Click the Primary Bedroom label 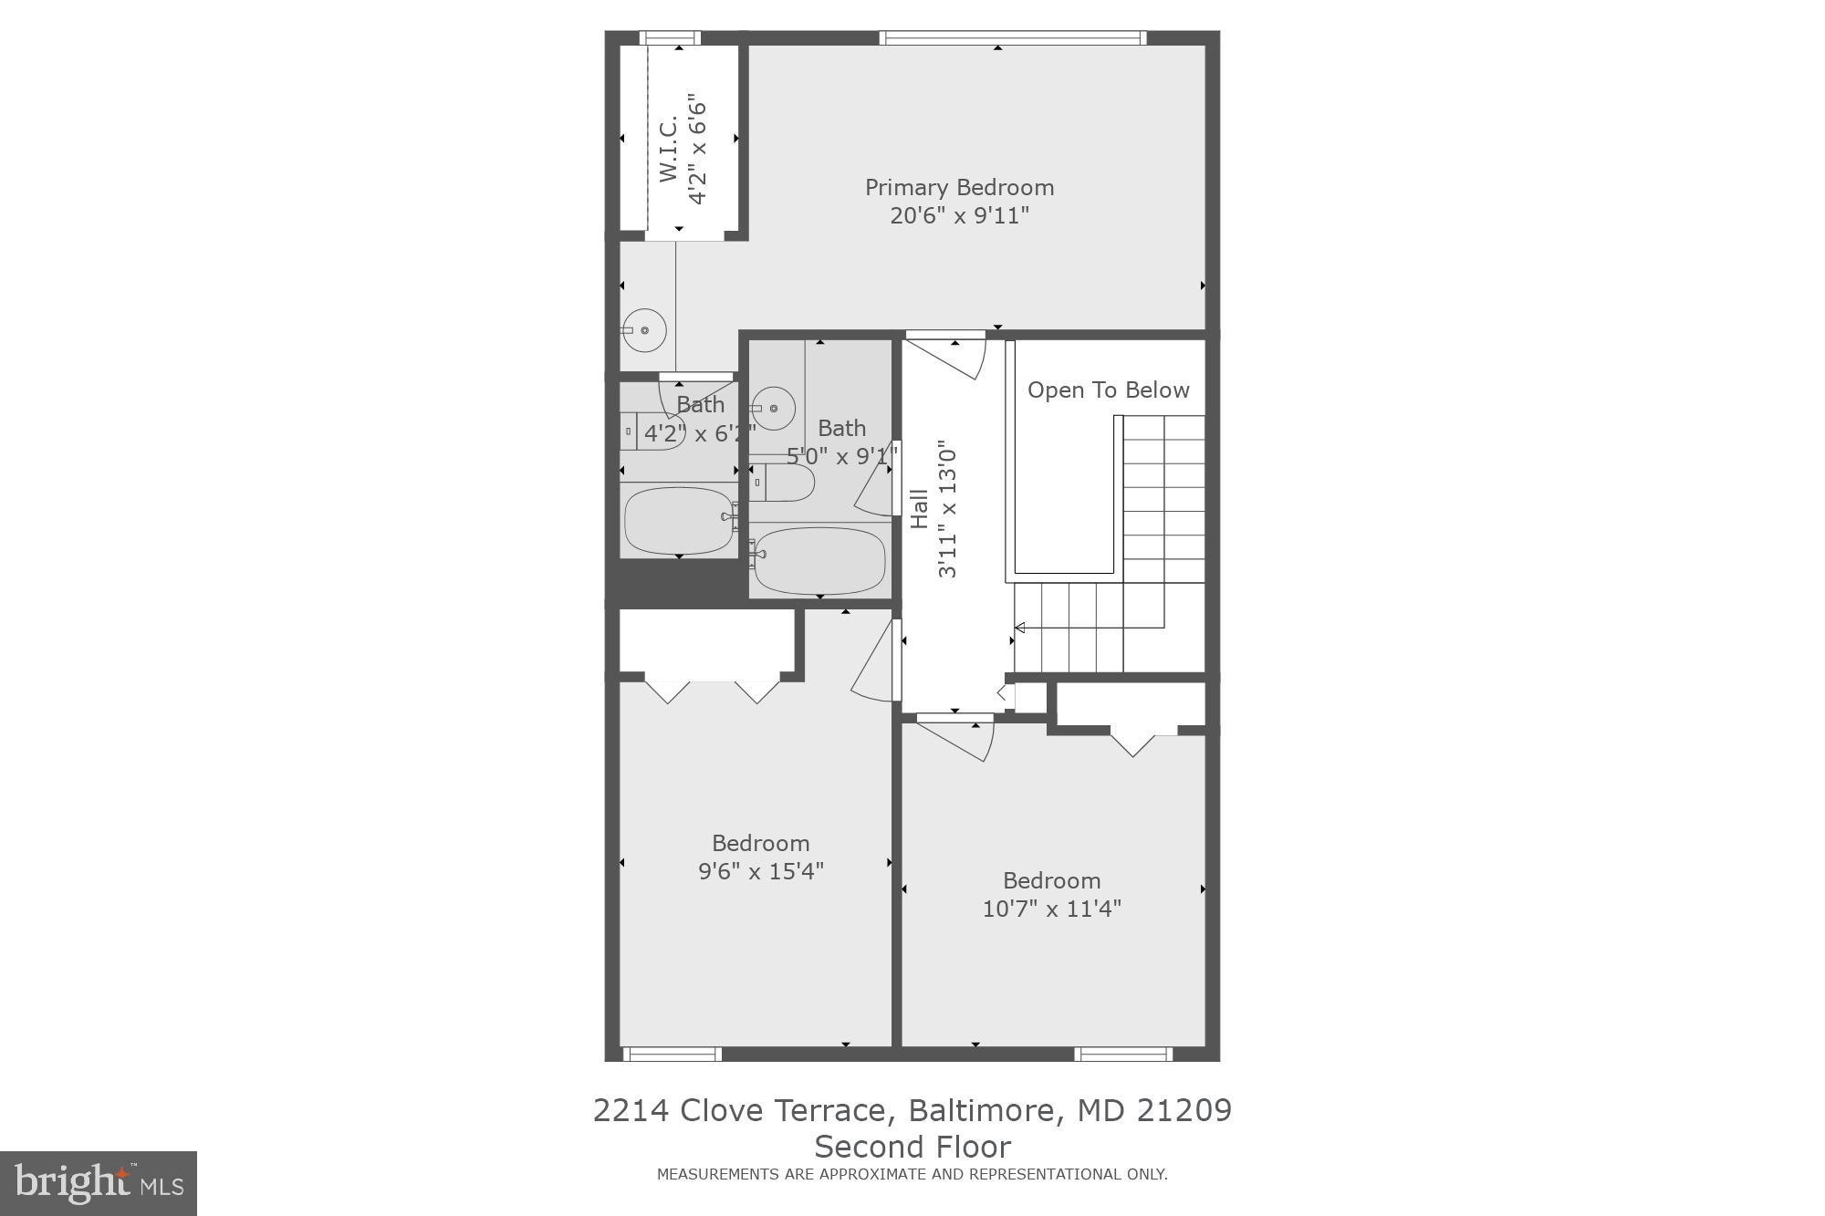(x=959, y=188)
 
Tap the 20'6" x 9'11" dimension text (x=959, y=216)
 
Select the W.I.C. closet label (x=669, y=148)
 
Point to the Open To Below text (x=1108, y=390)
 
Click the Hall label (x=920, y=509)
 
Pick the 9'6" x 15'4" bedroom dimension (x=760, y=871)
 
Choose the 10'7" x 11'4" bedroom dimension (x=1051, y=909)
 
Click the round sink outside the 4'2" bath (x=644, y=330)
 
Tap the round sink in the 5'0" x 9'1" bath (x=773, y=408)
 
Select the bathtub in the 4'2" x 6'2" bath (x=679, y=521)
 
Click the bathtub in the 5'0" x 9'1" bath (x=819, y=560)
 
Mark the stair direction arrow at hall (x=1020, y=628)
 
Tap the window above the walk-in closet (x=670, y=38)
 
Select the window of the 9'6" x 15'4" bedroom (x=673, y=1055)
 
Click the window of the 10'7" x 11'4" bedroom (x=1123, y=1055)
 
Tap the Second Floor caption (x=912, y=1147)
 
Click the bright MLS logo (x=99, y=1183)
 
